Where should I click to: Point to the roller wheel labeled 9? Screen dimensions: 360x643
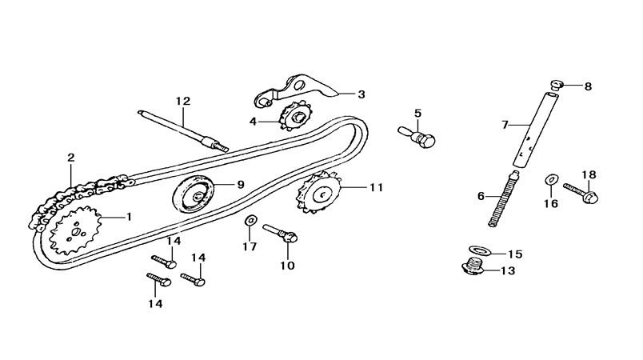[195, 193]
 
